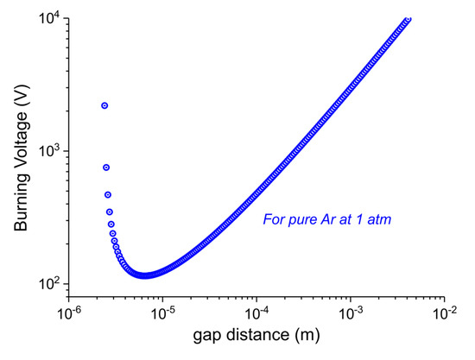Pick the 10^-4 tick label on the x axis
click(256, 312)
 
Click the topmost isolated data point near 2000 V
click(104, 105)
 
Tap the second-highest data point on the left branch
click(106, 167)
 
